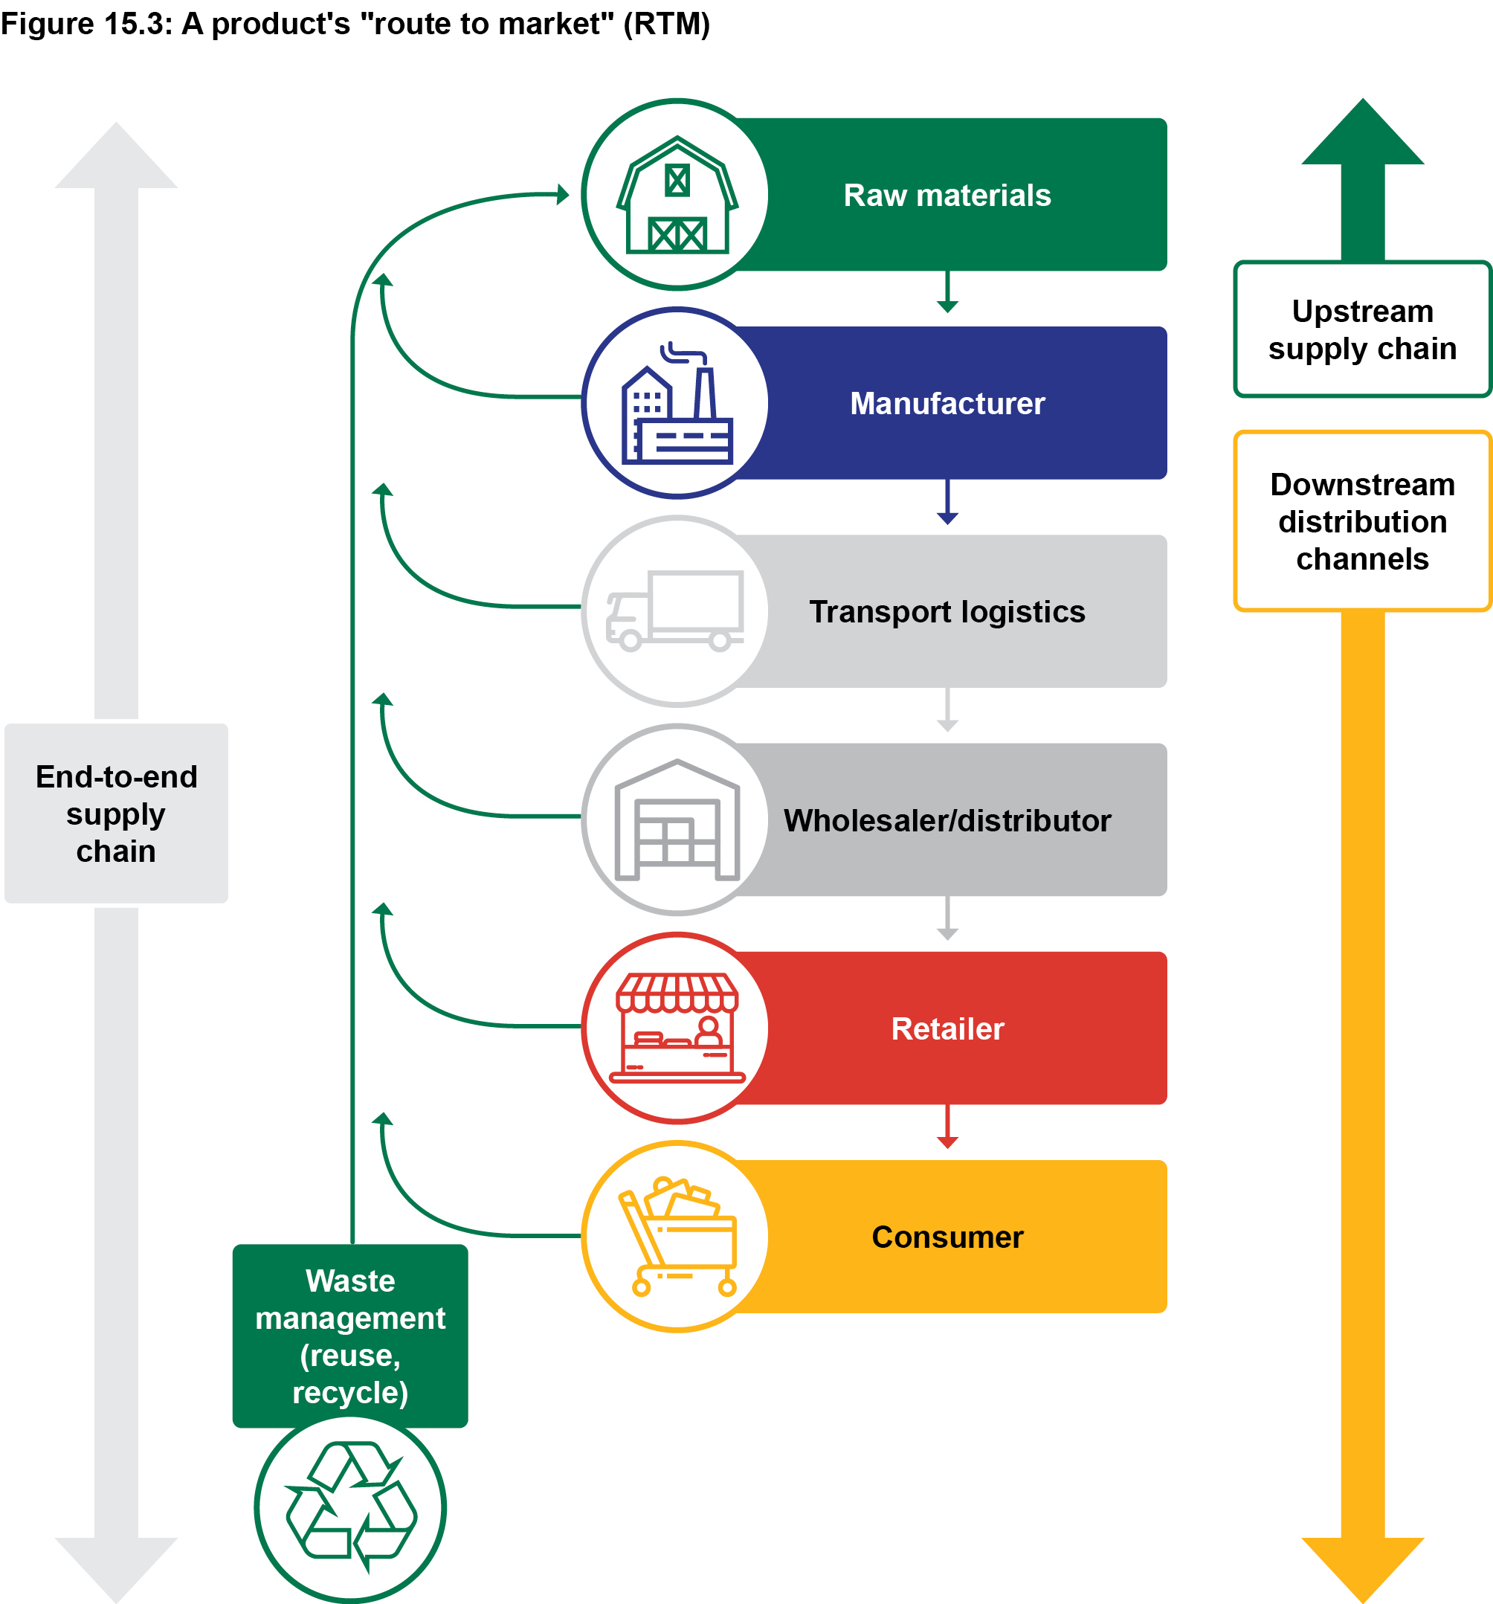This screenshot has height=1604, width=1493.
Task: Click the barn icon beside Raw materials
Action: click(677, 196)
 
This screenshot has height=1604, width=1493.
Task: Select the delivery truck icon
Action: click(675, 611)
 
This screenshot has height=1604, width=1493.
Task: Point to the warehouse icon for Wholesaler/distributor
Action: click(677, 819)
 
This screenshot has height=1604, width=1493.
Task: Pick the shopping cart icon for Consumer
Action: click(677, 1236)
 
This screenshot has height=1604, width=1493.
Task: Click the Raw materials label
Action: click(947, 196)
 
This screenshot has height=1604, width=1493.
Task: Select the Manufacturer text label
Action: click(947, 404)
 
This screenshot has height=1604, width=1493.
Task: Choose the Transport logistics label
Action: click(947, 611)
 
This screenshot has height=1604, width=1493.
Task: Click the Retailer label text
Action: click(947, 1028)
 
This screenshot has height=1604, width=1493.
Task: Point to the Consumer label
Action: click(947, 1237)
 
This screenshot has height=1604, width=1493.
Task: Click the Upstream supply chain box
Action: click(1361, 329)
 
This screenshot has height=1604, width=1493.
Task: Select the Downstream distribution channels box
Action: click(1361, 521)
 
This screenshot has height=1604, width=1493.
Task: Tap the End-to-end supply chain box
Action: click(116, 814)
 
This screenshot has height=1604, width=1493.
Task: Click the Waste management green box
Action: click(350, 1336)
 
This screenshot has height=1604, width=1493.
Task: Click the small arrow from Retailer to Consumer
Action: click(947, 1127)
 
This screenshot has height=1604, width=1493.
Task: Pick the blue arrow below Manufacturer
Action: click(947, 503)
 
